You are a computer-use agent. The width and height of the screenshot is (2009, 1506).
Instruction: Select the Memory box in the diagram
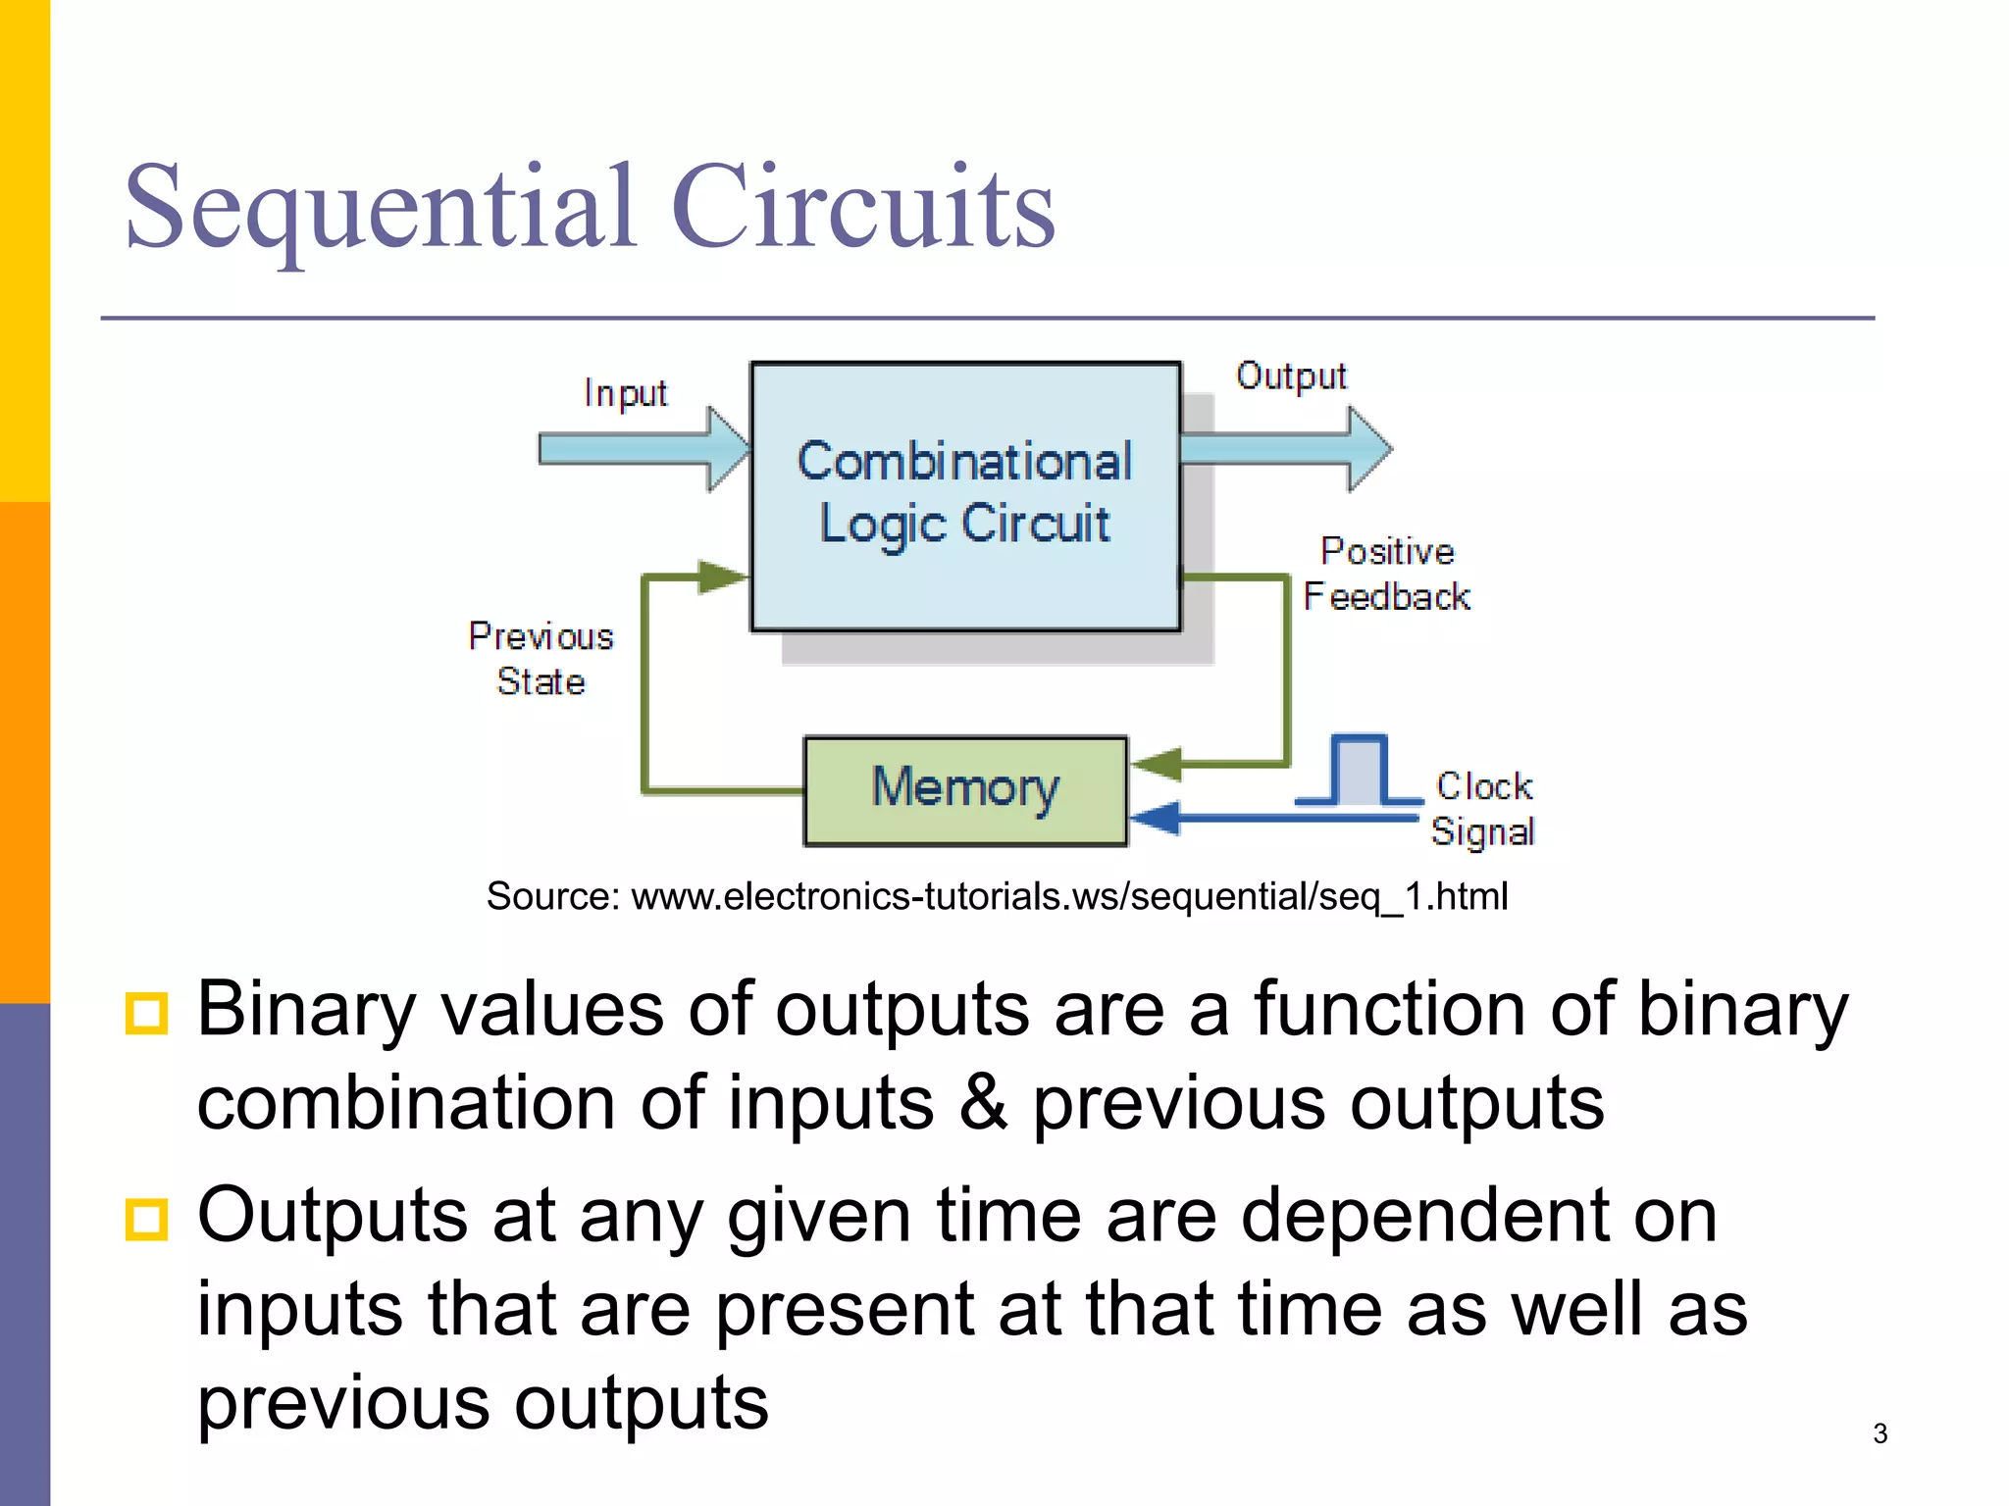pos(965,790)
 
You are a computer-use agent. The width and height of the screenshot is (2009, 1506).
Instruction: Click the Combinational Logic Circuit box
pos(965,496)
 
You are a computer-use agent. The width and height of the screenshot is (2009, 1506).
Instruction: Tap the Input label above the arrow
pos(625,393)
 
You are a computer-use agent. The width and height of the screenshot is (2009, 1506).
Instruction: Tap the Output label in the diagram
pos(1291,376)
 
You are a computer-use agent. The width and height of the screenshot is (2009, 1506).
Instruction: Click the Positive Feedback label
pos(1386,575)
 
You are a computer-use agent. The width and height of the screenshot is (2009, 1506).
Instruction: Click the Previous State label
pos(541,659)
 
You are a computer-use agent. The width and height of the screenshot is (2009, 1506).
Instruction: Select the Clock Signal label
pos(1482,809)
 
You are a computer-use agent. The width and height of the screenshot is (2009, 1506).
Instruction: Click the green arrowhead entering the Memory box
pos(1158,764)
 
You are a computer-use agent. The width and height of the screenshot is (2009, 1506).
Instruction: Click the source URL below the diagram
pos(997,896)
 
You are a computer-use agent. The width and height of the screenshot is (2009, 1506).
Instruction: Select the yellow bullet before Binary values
pos(147,1013)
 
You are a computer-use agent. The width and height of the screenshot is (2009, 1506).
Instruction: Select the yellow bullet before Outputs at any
pos(147,1219)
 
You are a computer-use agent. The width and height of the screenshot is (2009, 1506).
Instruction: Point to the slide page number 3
pos(1880,1433)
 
